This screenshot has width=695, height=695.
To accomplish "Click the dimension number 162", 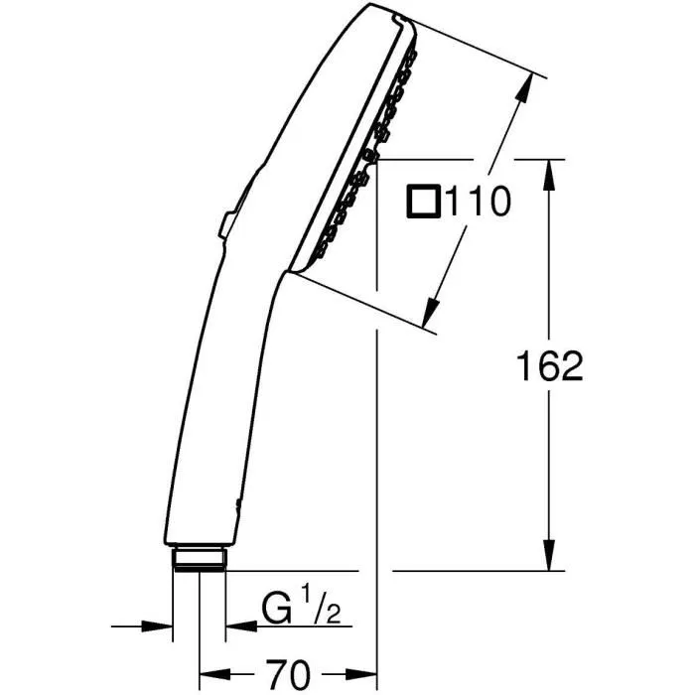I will pyautogui.click(x=549, y=366).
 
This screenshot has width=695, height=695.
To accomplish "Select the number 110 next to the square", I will pyautogui.click(x=477, y=204).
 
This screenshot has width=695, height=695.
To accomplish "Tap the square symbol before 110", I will pyautogui.click(x=422, y=203).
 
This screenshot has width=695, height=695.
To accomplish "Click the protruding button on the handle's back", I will pyautogui.click(x=224, y=223).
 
